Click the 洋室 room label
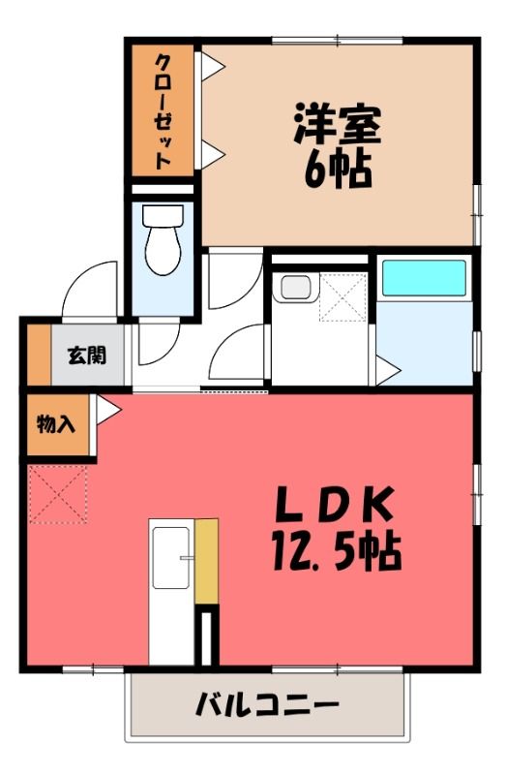[x=338, y=124]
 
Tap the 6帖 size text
[x=338, y=170]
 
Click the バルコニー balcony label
[x=268, y=704]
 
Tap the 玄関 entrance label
[x=87, y=356]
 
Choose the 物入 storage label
[x=56, y=424]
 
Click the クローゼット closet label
[x=164, y=111]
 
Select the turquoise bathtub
[x=425, y=278]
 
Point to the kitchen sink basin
[x=171, y=558]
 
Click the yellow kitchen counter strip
[x=207, y=561]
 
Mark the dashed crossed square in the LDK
[x=58, y=494]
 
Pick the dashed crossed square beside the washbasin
[x=343, y=296]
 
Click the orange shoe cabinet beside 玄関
[x=39, y=355]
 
